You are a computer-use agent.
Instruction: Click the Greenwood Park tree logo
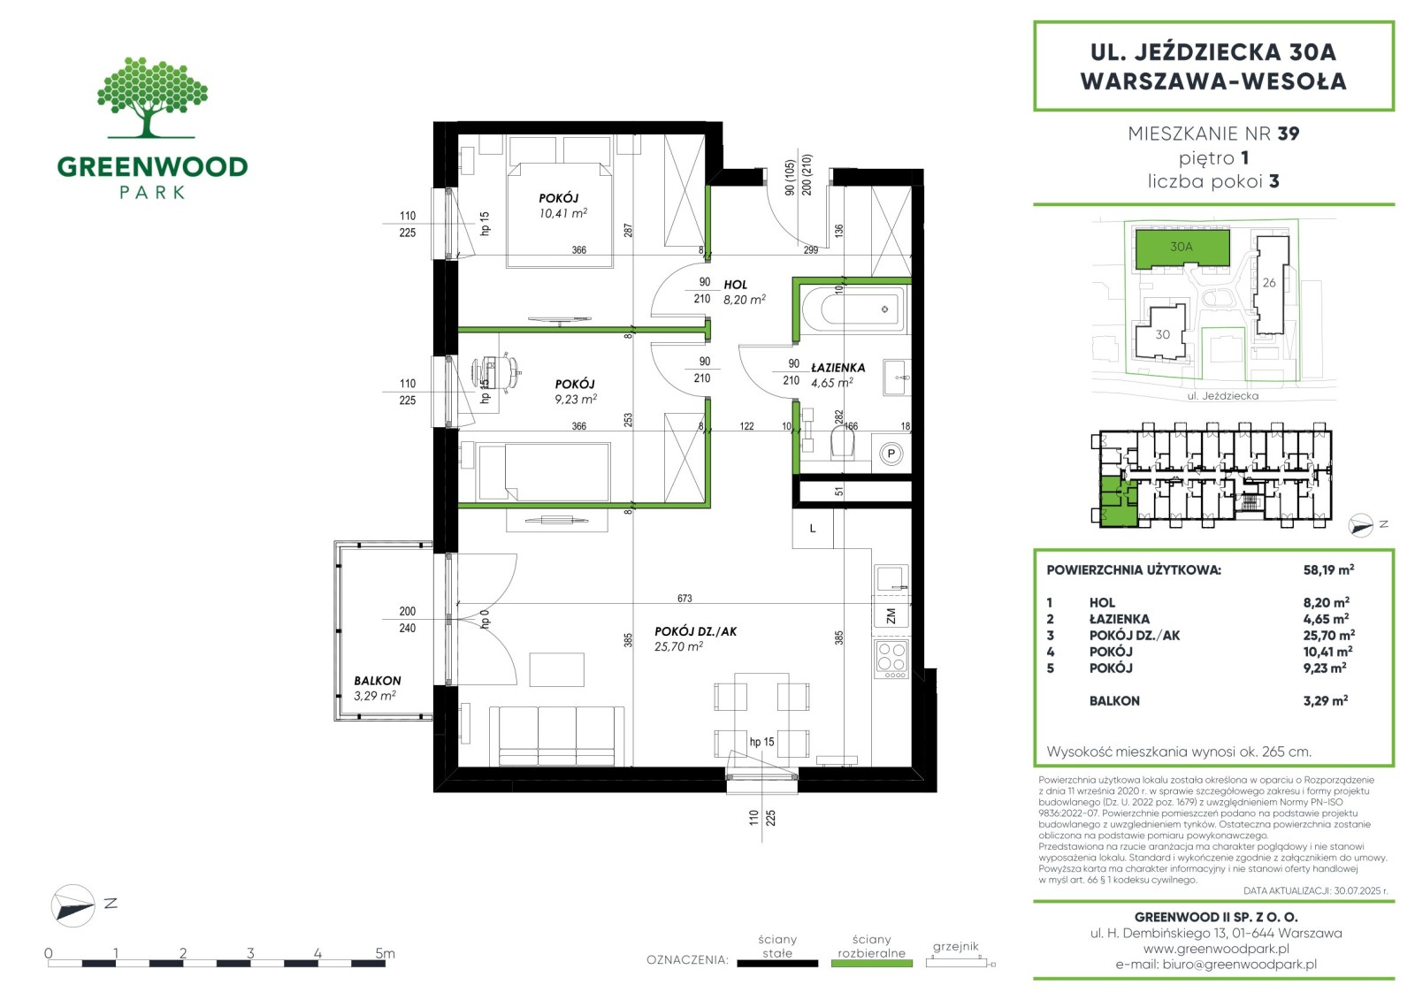pos(152,97)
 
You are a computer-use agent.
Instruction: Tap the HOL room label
pos(735,285)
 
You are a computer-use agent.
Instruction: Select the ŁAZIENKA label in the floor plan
pos(838,368)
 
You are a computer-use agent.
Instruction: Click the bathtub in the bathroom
pos(853,309)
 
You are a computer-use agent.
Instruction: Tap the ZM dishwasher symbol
pos(891,615)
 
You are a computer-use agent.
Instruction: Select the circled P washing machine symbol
pos(891,454)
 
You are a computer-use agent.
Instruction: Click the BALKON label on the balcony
pos(377,681)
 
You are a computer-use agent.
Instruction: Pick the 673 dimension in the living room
pos(685,598)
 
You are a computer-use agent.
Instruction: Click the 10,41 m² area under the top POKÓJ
pos(562,213)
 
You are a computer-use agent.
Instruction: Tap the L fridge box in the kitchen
pos(813,529)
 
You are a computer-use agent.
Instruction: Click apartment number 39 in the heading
pos(1288,134)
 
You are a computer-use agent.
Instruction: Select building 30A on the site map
pos(1182,248)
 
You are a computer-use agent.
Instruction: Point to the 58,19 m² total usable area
pos(1327,569)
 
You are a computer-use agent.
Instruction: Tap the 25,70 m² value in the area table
pos(1328,635)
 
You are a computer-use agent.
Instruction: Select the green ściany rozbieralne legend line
pos(872,964)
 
